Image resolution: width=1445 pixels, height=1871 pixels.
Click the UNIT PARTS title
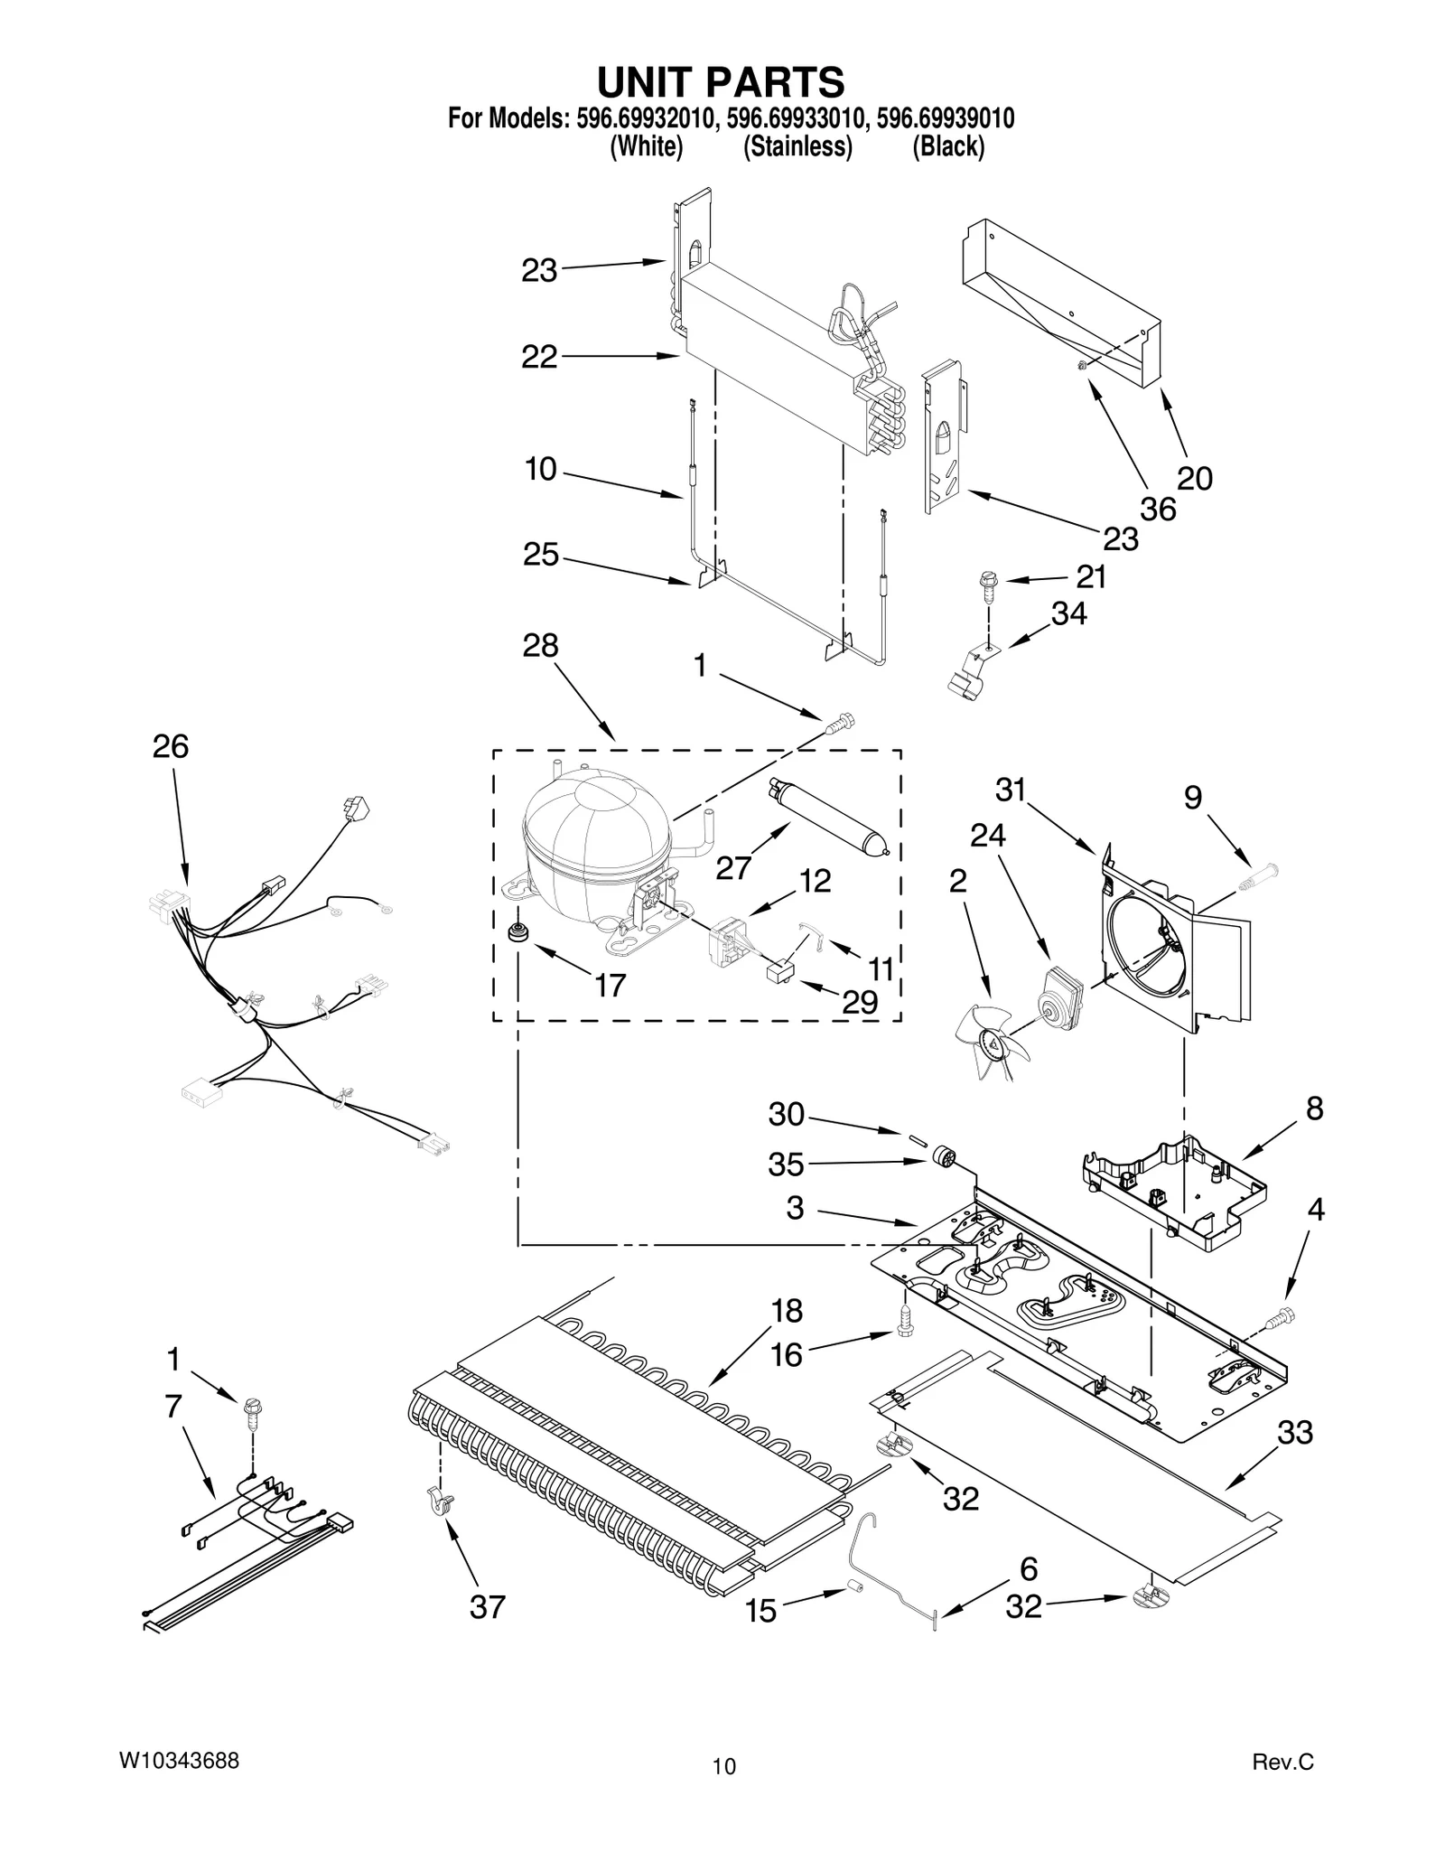coord(721,82)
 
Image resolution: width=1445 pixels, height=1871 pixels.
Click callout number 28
coord(540,645)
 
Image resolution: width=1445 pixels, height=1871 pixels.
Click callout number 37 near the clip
coord(488,1606)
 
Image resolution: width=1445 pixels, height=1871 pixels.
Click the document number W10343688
coord(179,1760)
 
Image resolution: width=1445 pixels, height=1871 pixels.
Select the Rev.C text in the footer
coord(1282,1761)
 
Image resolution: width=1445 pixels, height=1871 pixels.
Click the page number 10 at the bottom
coord(723,1766)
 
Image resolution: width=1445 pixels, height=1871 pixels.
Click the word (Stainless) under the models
coord(797,146)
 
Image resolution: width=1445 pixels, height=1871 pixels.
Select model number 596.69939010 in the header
coord(946,118)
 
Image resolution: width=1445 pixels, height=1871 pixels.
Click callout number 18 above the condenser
coord(787,1310)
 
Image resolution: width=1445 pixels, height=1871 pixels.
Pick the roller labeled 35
coord(943,1156)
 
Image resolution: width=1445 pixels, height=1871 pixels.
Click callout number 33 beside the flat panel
coord(1295,1432)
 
